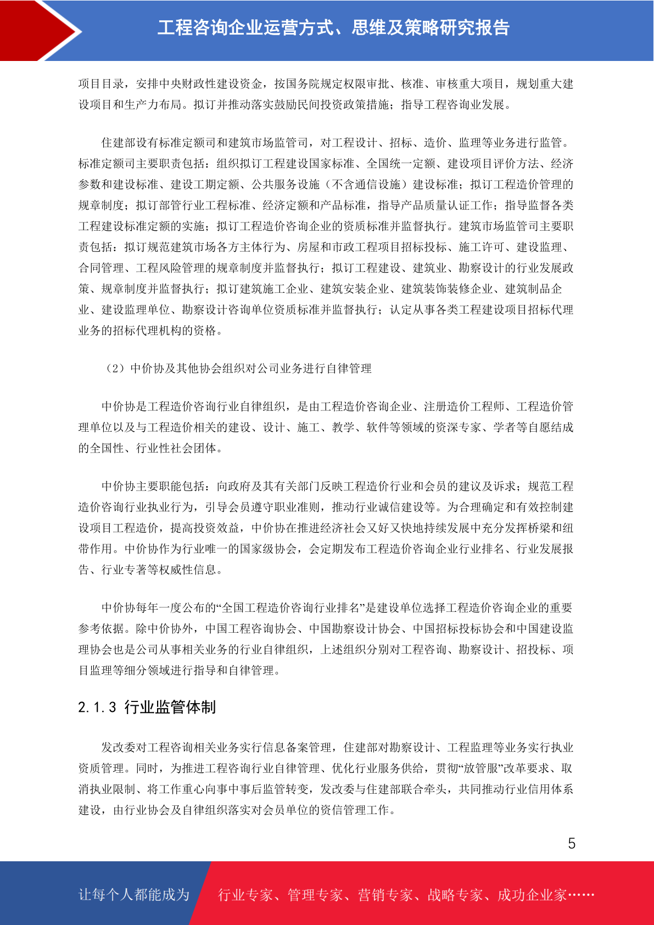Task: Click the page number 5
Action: click(x=572, y=844)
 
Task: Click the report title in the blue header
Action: click(x=333, y=27)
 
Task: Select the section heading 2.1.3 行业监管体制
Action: click(x=147, y=707)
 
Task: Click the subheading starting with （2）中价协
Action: click(x=237, y=369)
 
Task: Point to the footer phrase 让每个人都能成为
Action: click(x=134, y=895)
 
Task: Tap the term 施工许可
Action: click(x=482, y=247)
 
